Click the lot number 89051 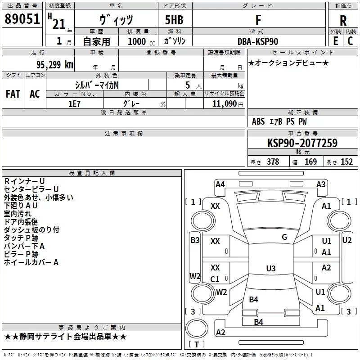pyautogui.click(x=22, y=19)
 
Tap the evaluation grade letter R pyautogui.click(x=343, y=21)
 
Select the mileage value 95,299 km pyautogui.click(x=54, y=65)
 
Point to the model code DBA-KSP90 pyautogui.click(x=258, y=41)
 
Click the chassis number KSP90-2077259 pyautogui.click(x=302, y=143)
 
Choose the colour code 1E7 pyautogui.click(x=74, y=104)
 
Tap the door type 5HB pyautogui.click(x=174, y=20)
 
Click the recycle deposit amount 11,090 pyautogui.click(x=224, y=104)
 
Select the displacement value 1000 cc pyautogui.click(x=141, y=41)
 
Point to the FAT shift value pyautogui.click(x=13, y=94)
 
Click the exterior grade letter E pyautogui.click(x=336, y=41)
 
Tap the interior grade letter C pyautogui.click(x=350, y=41)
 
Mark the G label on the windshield pyautogui.click(x=284, y=237)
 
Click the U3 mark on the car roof pyautogui.click(x=271, y=268)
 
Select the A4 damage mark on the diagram pyautogui.click(x=220, y=184)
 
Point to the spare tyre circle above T pyautogui.click(x=197, y=328)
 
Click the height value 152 pyautogui.click(x=346, y=162)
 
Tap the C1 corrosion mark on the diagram pyautogui.click(x=215, y=279)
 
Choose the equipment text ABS pyautogui.click(x=258, y=121)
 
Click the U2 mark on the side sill pyautogui.click(x=346, y=240)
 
